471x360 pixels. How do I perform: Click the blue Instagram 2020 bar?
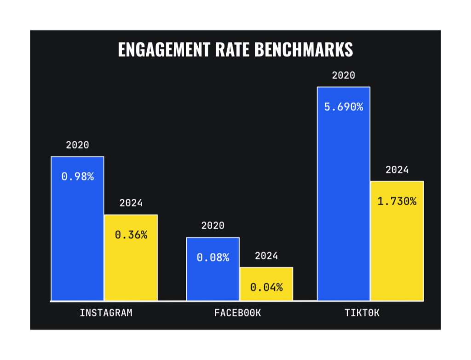77,239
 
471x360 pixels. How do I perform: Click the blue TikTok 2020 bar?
344,207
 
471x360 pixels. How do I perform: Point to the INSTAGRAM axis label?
106,313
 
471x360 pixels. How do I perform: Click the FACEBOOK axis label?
237,313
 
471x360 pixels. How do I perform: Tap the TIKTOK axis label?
362,313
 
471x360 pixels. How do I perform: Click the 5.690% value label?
344,107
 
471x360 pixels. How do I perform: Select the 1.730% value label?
397,201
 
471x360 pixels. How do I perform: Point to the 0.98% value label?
77,176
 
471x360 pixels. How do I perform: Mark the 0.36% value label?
131,235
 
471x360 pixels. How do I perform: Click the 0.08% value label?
213,258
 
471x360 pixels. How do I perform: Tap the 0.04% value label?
266,288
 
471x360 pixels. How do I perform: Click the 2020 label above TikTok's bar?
344,75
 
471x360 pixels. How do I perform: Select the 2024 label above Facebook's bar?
266,256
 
